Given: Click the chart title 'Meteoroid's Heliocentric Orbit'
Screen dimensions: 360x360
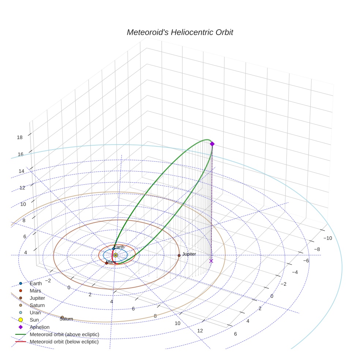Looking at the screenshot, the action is [x=180, y=32].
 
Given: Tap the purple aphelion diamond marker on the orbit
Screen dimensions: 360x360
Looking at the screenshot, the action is [x=212, y=144].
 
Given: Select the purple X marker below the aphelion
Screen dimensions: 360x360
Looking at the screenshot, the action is [x=211, y=261].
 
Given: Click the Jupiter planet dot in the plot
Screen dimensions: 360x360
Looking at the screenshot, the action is [x=179, y=255].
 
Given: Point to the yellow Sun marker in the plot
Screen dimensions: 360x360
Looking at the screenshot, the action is [x=116, y=255].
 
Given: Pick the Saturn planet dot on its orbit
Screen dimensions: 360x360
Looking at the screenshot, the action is [x=62, y=317].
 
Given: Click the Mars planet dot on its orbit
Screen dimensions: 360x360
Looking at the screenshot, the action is [x=106, y=263].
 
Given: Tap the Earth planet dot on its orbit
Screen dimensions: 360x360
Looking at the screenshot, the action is [x=113, y=249].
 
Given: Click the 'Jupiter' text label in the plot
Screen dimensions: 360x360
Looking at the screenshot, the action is [x=189, y=254].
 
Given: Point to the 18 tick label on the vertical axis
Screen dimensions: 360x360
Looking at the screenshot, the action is [x=20, y=138].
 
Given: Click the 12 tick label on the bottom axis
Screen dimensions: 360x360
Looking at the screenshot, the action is [x=200, y=331].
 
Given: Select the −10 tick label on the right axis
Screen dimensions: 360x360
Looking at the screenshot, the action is [x=328, y=238].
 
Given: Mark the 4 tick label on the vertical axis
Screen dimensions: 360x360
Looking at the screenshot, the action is [x=26, y=252].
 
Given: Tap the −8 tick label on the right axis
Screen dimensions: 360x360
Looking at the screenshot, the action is [x=317, y=250].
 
